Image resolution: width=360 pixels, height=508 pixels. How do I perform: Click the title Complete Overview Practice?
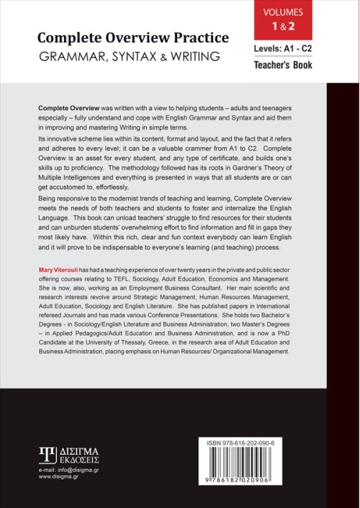tap(133, 37)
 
